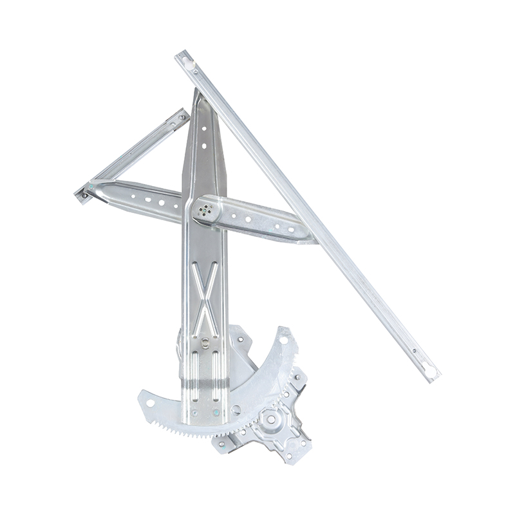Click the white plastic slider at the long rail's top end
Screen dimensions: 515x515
(187, 62)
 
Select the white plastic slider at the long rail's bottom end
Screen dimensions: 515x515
(429, 370)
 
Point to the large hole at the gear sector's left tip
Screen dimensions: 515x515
(151, 402)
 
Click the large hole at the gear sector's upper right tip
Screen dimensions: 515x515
(283, 337)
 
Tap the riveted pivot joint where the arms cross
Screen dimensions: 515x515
(207, 209)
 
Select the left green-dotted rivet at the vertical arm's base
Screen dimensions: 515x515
(194, 413)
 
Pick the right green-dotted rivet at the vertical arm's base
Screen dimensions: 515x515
(216, 413)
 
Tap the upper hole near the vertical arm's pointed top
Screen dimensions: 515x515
(203, 129)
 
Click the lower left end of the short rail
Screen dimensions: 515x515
(83, 194)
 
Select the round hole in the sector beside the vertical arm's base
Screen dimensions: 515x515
(236, 409)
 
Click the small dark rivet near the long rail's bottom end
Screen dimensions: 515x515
(413, 351)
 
